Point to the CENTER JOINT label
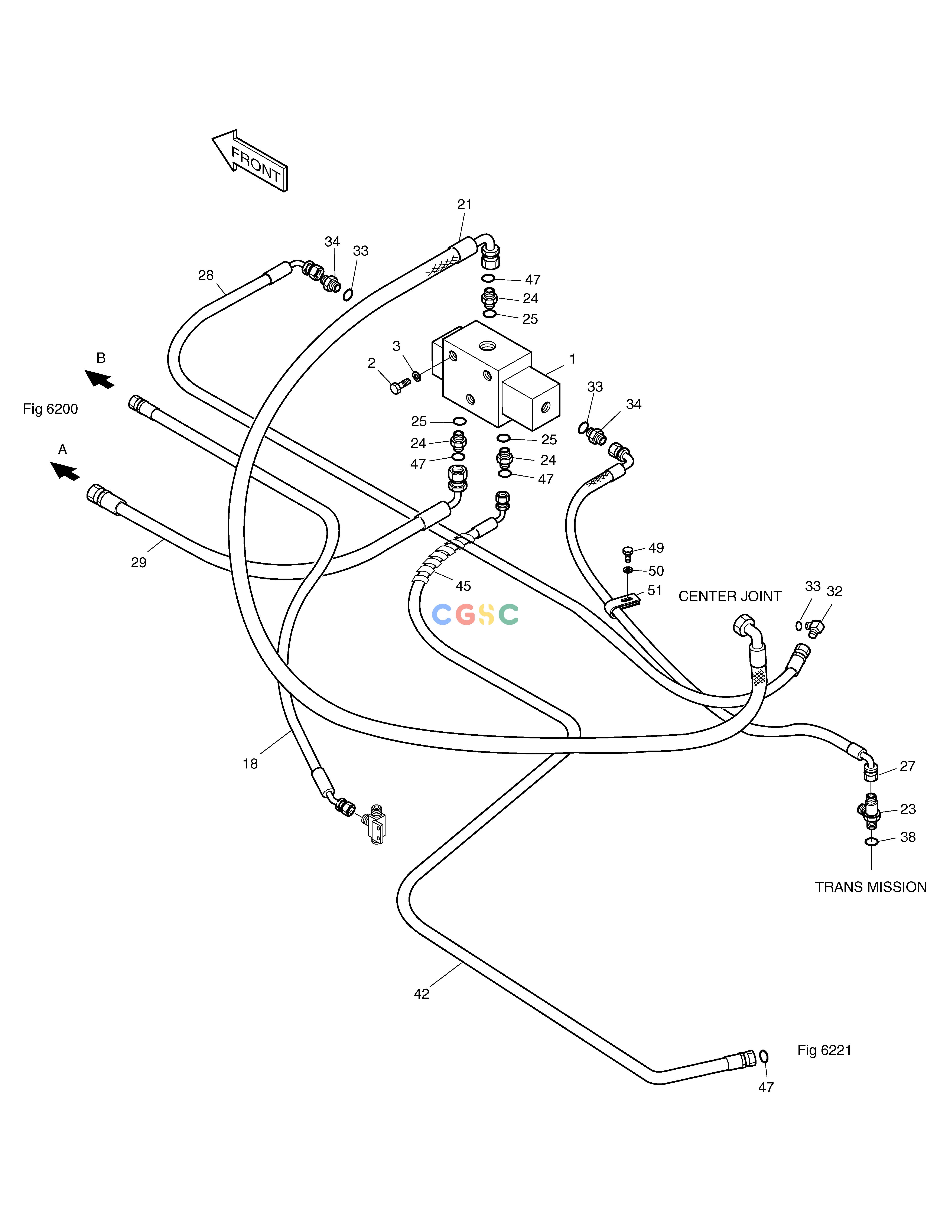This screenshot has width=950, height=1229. [730, 596]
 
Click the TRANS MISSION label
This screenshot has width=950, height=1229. [871, 887]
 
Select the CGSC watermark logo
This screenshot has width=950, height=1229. [475, 615]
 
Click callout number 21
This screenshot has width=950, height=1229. [464, 204]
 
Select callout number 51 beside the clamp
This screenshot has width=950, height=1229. [654, 590]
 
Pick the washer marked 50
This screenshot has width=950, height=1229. [628, 571]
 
